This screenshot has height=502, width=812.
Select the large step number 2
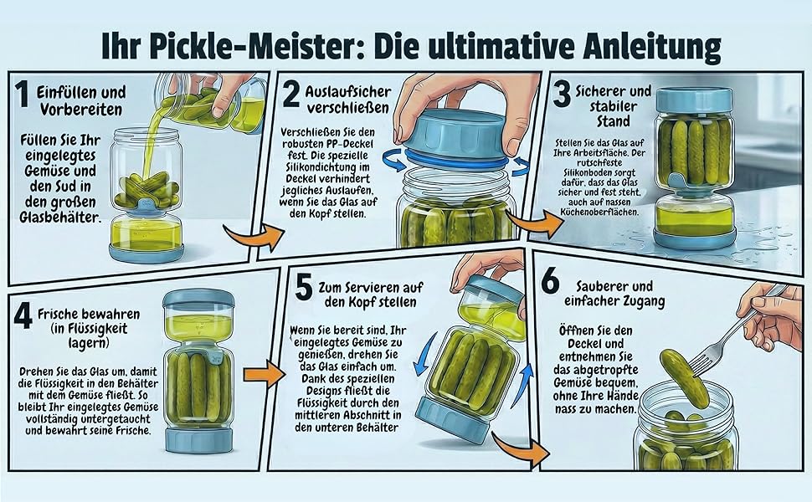291,95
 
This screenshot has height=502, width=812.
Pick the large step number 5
303,288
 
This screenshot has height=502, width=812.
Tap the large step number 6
550,281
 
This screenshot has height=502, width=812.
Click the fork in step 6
735,330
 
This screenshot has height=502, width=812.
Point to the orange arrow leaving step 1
254,237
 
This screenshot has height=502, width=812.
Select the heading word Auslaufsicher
348,92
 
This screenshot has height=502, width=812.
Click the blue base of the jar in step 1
146,252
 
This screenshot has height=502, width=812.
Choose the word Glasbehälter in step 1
59,217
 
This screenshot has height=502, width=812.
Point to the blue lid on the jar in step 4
198,298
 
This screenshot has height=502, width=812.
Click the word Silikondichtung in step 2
328,167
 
